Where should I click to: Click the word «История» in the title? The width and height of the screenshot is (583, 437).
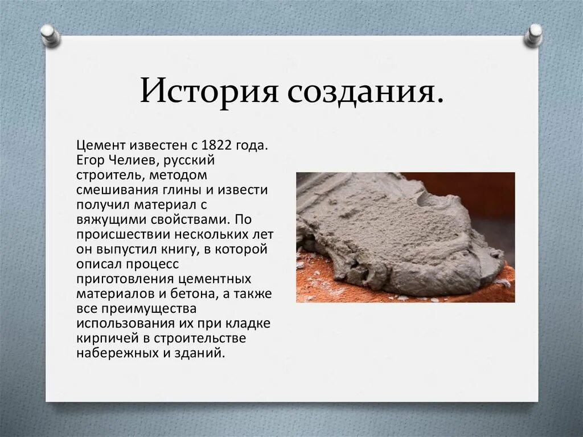pyautogui.click(x=208, y=92)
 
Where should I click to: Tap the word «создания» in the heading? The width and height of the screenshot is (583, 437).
pyautogui.click(x=364, y=92)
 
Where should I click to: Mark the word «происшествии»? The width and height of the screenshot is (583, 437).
pyautogui.click(x=116, y=235)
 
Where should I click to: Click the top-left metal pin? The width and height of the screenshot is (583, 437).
pyautogui.click(x=50, y=35)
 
